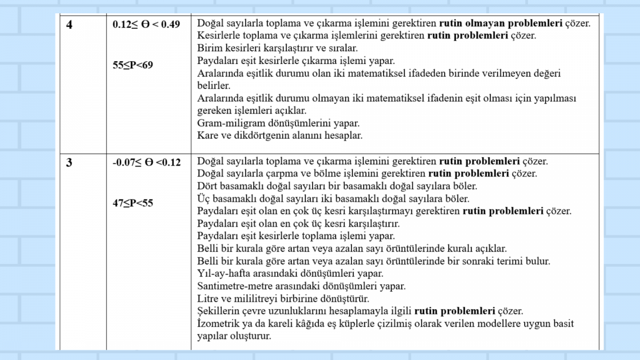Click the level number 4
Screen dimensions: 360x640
tap(69, 25)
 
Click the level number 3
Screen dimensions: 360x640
tap(69, 163)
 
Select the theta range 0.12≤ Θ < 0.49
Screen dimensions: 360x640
tap(146, 25)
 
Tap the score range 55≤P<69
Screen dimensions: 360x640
tap(133, 66)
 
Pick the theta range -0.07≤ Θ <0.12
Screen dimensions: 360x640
tap(147, 163)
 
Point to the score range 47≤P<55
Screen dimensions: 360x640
tap(133, 203)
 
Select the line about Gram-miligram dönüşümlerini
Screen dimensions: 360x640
tap(278, 123)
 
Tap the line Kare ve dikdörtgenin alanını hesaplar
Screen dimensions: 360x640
tap(280, 135)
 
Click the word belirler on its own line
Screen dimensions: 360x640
tap(213, 85)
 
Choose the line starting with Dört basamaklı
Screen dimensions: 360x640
tap(337, 186)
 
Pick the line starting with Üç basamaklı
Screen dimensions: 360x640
tap(333, 199)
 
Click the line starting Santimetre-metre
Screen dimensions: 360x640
tap(301, 286)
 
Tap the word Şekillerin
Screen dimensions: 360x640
tap(217, 311)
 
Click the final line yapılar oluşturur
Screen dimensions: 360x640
tap(234, 337)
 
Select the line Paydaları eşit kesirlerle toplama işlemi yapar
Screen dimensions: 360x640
tap(296, 236)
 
